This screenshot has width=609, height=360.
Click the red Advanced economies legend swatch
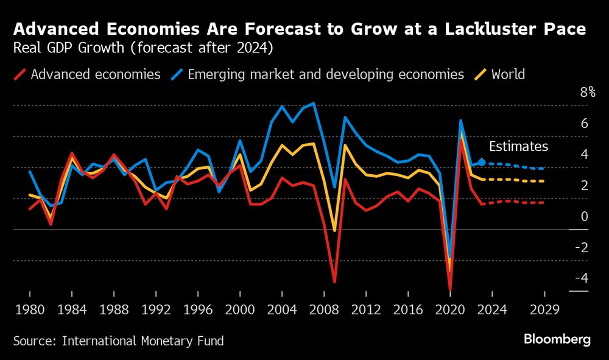point(19,75)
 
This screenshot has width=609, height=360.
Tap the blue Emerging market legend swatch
point(177,75)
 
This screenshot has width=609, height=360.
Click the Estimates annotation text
point(518,147)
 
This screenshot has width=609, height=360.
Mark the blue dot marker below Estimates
point(482,162)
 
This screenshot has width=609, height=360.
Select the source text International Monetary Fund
point(143,341)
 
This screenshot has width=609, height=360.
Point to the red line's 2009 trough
point(334,282)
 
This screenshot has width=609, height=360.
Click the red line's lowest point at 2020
point(450,290)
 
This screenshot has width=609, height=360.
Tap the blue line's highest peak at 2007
point(313,104)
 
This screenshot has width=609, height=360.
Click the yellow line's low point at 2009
point(334,231)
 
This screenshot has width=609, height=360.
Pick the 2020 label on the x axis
point(451,309)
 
